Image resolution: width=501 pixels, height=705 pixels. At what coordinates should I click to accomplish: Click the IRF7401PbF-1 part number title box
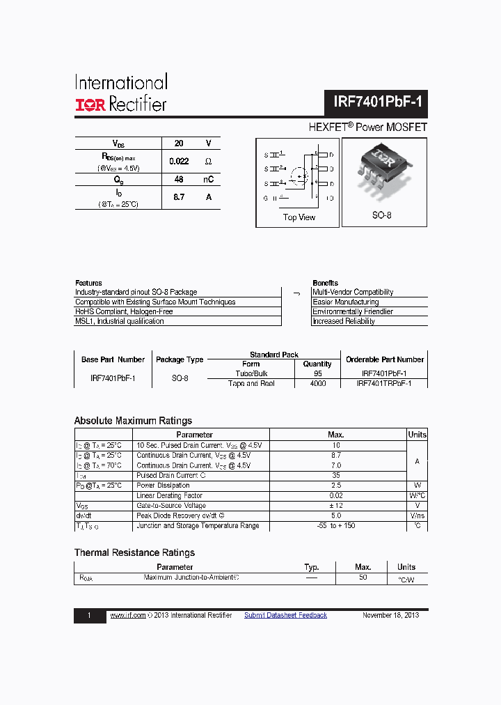click(377, 102)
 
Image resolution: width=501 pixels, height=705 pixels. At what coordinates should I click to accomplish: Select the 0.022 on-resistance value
click(179, 161)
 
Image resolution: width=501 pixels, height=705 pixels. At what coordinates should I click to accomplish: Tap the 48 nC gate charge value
click(179, 179)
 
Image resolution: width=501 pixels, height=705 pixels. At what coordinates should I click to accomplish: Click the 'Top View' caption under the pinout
click(299, 217)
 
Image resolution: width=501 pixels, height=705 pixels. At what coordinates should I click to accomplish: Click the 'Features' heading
click(88, 283)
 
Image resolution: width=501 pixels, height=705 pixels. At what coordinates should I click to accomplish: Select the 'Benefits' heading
click(325, 283)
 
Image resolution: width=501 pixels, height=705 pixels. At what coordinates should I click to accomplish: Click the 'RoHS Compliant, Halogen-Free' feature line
click(124, 311)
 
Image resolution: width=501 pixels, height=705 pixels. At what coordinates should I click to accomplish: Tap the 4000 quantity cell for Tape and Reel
click(317, 384)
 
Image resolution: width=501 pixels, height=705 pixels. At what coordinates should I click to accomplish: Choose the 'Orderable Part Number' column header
click(385, 359)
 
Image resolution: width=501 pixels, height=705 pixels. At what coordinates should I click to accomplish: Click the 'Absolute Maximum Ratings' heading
click(133, 421)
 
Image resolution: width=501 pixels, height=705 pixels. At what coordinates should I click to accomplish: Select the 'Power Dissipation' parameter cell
click(163, 486)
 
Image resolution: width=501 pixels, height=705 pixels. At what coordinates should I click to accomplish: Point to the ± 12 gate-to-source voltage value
click(336, 506)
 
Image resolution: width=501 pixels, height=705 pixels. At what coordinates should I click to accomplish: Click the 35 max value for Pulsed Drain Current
click(336, 475)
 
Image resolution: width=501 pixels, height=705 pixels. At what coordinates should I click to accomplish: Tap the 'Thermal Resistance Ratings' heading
click(134, 552)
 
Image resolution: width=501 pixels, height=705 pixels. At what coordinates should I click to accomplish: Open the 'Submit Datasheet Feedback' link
click(285, 615)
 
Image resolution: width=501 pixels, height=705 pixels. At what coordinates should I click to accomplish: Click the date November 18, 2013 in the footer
click(390, 615)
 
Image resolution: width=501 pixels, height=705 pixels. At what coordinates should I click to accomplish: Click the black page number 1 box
click(90, 616)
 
